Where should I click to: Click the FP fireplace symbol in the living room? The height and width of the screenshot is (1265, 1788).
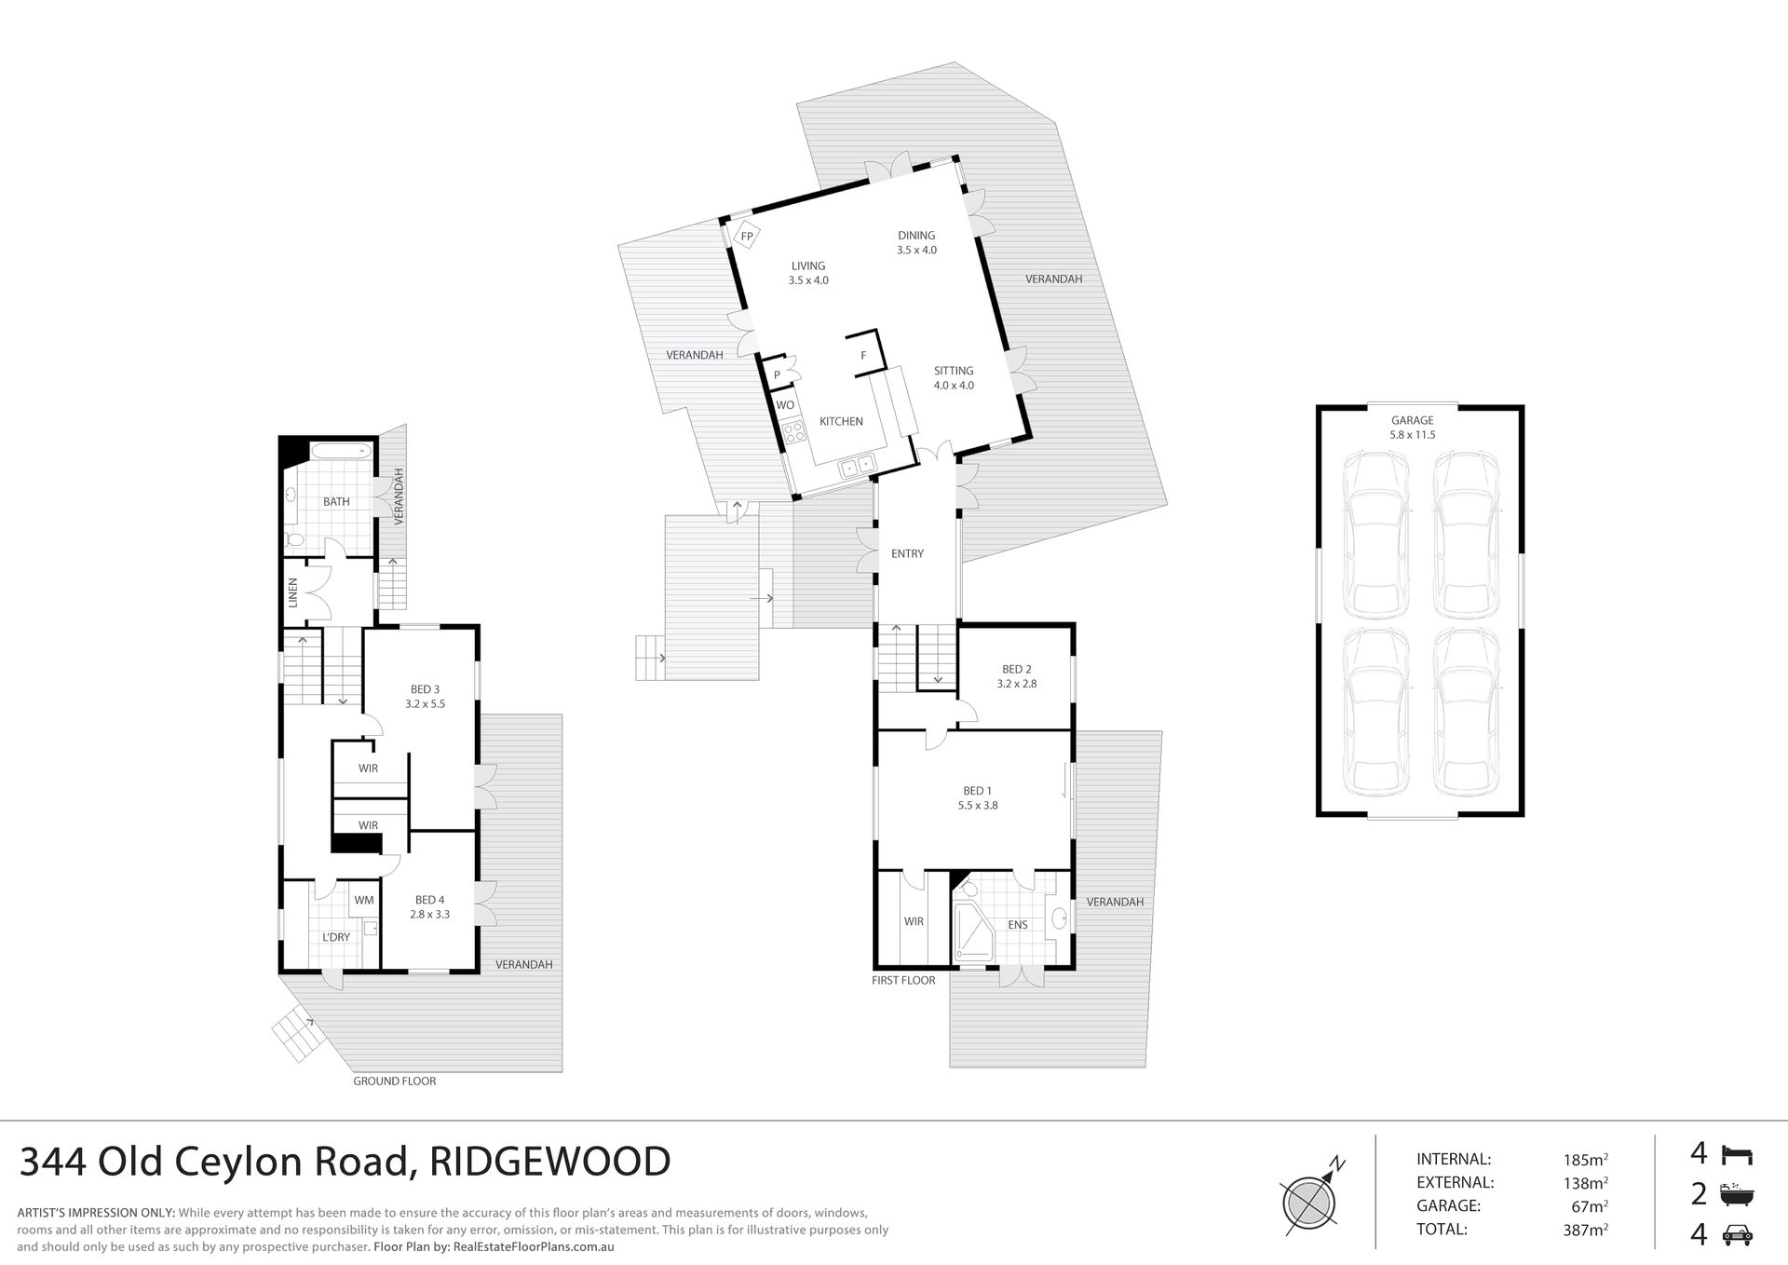coord(746,237)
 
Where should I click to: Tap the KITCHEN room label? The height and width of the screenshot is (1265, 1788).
coord(841,422)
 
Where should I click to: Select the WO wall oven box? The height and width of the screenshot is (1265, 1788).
coord(785,405)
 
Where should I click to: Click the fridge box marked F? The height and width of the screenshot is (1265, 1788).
coord(864,355)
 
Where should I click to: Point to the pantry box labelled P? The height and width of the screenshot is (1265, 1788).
coord(777,374)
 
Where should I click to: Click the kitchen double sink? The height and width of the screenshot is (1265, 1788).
coord(856,466)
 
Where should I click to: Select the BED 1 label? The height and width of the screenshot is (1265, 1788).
coord(977,791)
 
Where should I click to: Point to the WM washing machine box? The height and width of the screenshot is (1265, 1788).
coord(363,900)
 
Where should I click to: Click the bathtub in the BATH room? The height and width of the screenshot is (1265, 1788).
coord(340,452)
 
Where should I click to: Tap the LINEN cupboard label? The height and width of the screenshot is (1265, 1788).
coord(292,592)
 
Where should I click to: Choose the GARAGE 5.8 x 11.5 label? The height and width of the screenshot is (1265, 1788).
coord(1412,428)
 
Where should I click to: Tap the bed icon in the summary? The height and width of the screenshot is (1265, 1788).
coord(1737,1155)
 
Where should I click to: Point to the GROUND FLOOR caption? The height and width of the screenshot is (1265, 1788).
coord(394,1081)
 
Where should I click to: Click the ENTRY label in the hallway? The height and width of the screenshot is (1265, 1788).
coord(907,553)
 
